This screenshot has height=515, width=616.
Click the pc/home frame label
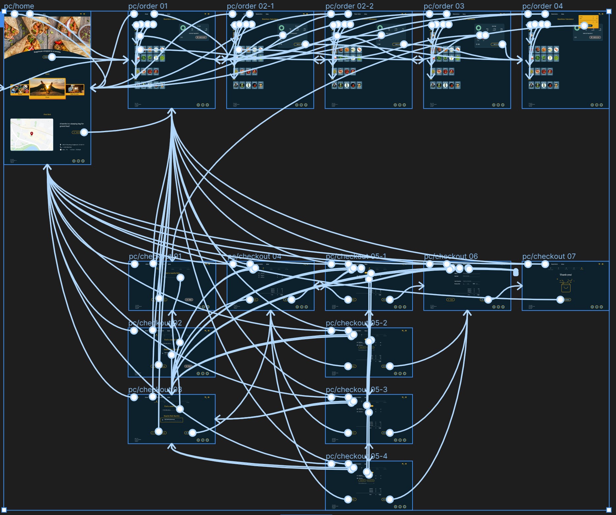(19, 6)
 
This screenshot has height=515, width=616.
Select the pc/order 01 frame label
(148, 6)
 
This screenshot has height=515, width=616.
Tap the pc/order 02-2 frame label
(349, 6)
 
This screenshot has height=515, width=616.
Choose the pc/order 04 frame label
(542, 6)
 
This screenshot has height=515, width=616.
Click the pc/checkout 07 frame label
(549, 256)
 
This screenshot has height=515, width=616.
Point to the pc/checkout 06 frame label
(450, 256)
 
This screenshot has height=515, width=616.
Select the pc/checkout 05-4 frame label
(356, 456)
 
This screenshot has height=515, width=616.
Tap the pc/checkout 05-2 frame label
(356, 323)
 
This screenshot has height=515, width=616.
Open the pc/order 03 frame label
(444, 6)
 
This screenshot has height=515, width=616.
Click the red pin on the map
(32, 134)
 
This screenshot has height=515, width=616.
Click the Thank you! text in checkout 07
(565, 275)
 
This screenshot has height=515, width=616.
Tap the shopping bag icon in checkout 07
(566, 287)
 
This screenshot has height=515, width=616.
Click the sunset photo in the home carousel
(47, 87)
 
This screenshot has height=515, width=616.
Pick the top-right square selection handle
(609, 11)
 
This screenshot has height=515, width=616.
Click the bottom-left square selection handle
(4, 510)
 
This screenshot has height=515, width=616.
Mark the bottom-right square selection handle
(609, 510)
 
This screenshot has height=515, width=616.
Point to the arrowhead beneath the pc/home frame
(47, 167)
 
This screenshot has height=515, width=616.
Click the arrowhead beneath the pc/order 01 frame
(171, 111)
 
